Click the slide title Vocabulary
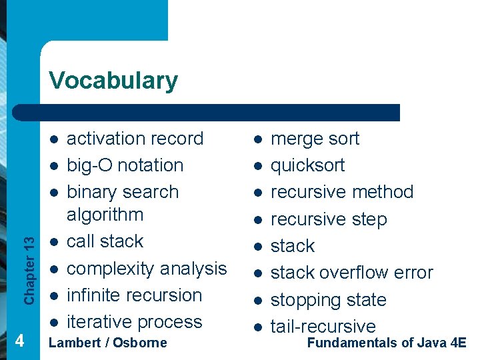[113, 80]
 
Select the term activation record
[135, 139]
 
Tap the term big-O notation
[125, 165]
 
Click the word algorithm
[105, 215]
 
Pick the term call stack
[105, 241]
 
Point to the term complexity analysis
[147, 269]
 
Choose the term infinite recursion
[134, 295]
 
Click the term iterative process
[134, 322]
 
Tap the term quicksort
[307, 165]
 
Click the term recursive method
[341, 192]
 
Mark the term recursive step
[328, 219]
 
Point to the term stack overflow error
[351, 273]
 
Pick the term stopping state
[328, 300]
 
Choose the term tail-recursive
[323, 327]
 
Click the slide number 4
[20, 341]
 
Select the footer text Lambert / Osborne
[108, 343]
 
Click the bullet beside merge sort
[257, 139]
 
